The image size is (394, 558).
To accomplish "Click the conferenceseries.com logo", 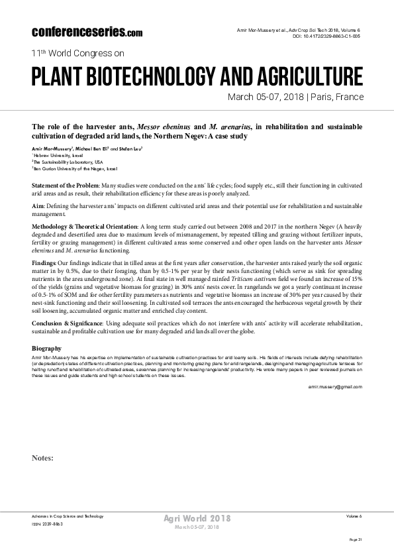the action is coord(86,32).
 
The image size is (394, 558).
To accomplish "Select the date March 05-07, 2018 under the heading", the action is coord(265,97).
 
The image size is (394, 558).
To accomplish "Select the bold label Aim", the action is coord(39,207).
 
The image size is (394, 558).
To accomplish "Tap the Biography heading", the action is coord(47,348).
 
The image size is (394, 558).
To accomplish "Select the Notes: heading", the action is coord(44,457).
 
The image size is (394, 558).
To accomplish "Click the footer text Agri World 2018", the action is coord(197,518).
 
